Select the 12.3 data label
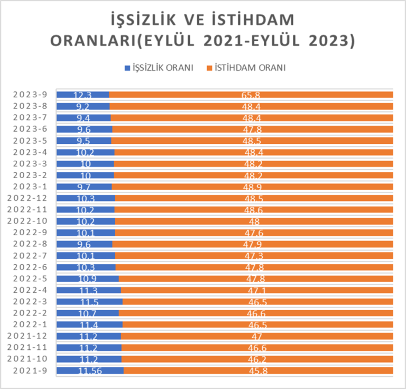82,95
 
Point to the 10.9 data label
87,279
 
